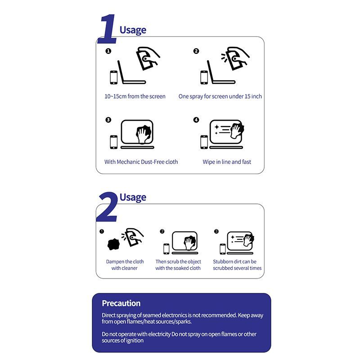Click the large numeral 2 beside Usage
pyautogui.click(x=108, y=207)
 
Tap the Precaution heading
pyautogui.click(x=121, y=303)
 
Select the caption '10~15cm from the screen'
pyautogui.click(x=135, y=96)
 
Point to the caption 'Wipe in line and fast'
pyautogui.click(x=227, y=162)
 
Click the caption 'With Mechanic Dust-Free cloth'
pyautogui.click(x=141, y=162)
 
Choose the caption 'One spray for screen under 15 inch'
pyautogui.click(x=220, y=96)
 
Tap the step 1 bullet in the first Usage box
pyautogui.click(x=108, y=51)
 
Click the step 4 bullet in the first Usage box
pyautogui.click(x=196, y=120)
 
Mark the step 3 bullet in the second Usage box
pyautogui.click(x=216, y=231)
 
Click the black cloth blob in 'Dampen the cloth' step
pyautogui.click(x=113, y=244)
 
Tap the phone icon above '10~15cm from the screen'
pyautogui.click(x=114, y=77)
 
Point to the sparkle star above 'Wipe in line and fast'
pyautogui.click(x=216, y=127)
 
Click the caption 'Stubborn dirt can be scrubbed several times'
pyautogui.click(x=237, y=265)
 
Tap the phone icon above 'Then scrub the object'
pyautogui.click(x=166, y=249)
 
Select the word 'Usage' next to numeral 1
pyautogui.click(x=133, y=30)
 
